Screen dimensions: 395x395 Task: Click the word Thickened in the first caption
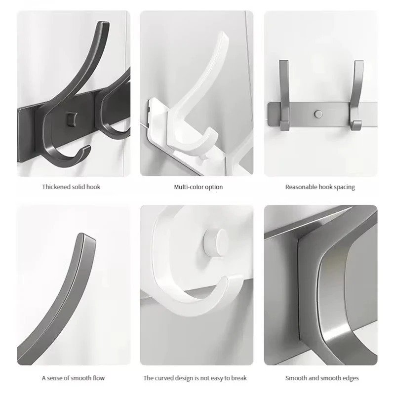(56, 187)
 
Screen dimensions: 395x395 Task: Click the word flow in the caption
(99, 378)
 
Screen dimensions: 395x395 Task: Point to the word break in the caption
(239, 378)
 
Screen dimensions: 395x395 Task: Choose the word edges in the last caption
(351, 378)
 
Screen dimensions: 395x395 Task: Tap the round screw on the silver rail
(318, 114)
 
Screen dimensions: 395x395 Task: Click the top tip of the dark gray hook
(103, 23)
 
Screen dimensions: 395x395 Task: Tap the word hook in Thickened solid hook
(93, 187)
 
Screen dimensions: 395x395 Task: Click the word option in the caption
(214, 187)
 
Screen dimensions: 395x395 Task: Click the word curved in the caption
(164, 378)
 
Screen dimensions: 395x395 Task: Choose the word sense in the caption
(55, 378)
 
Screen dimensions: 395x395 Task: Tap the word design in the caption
(184, 378)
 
